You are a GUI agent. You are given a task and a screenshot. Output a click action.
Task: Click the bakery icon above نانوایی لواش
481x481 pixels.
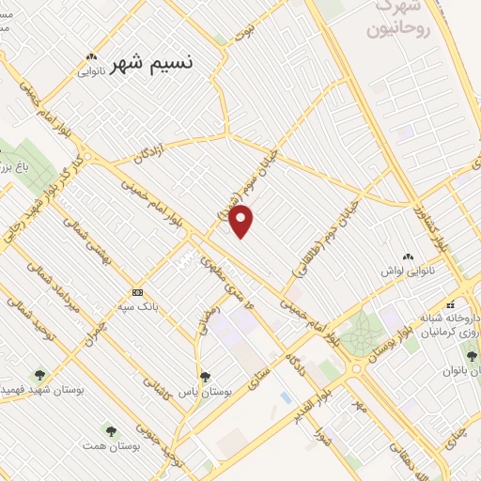(x=408, y=256)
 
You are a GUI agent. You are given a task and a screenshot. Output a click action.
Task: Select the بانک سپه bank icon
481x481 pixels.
(x=138, y=291)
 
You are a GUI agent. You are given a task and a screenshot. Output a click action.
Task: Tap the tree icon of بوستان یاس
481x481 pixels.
(x=205, y=377)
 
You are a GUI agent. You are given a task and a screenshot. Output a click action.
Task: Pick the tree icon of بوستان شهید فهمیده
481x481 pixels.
(x=39, y=376)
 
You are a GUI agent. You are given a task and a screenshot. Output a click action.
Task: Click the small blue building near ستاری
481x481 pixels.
(x=285, y=397)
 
